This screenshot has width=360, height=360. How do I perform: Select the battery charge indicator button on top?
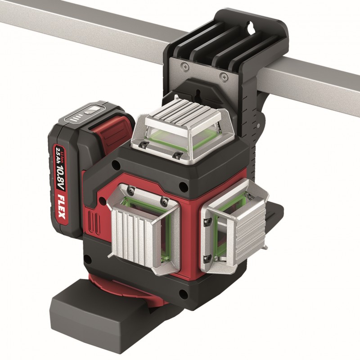coord(90,111)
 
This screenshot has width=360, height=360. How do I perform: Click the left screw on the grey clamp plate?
coord(185,67)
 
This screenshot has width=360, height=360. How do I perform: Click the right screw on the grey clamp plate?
coord(224,77)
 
